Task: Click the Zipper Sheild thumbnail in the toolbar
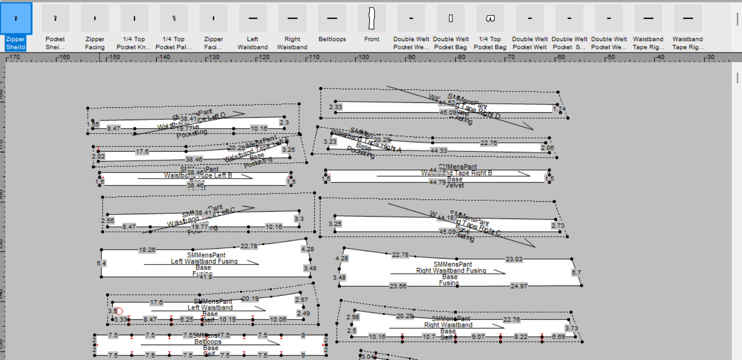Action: click(16, 19)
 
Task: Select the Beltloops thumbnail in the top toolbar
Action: click(332, 19)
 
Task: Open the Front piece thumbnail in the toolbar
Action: click(372, 19)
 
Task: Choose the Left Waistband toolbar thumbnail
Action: click(253, 19)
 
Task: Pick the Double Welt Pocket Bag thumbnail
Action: click(451, 19)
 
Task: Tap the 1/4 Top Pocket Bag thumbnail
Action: click(490, 19)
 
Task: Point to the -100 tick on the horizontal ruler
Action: click(362, 57)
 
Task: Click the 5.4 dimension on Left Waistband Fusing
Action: click(101, 263)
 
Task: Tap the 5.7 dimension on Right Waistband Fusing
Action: click(576, 272)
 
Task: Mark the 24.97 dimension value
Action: click(519, 286)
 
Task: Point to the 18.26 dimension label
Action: click(147, 250)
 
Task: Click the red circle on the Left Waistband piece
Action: click(119, 311)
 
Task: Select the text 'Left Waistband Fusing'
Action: click(204, 261)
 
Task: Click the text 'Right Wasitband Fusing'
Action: click(451, 270)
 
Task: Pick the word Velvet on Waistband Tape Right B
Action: click(454, 185)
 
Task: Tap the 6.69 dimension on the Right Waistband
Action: click(559, 337)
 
